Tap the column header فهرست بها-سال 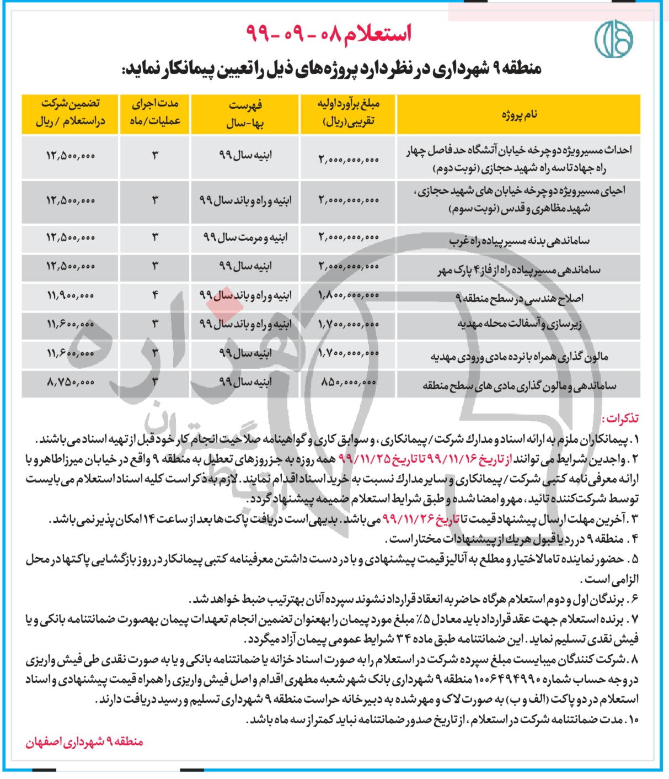coord(245,114)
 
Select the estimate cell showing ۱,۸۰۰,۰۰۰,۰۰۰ coord(349,296)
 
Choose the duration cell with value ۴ coord(155,296)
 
